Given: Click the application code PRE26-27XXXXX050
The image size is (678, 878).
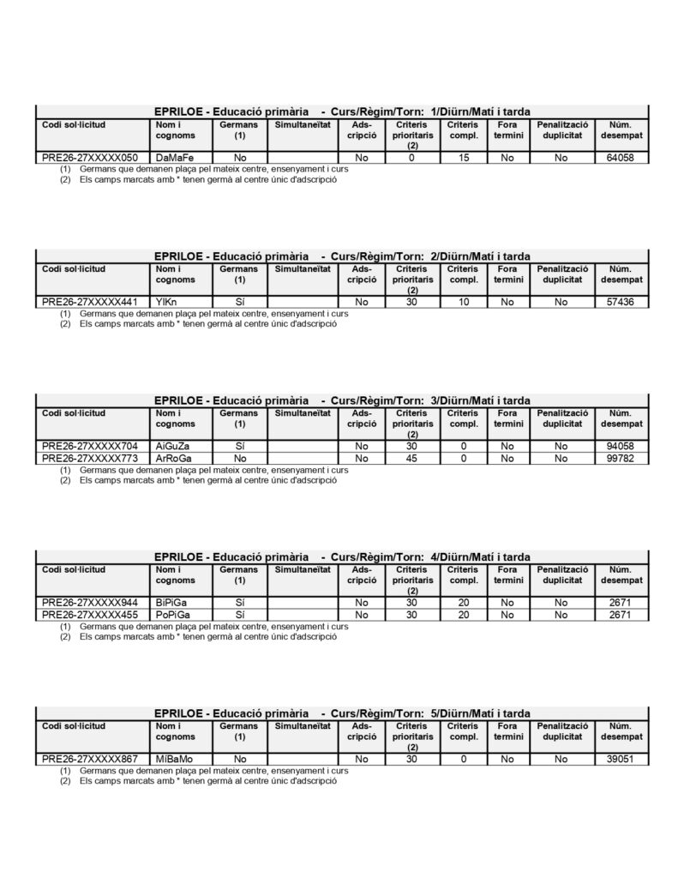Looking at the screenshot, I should click(89, 158).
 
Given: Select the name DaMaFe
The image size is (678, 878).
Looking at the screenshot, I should click(176, 158).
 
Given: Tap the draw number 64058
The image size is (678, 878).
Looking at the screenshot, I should click(620, 158).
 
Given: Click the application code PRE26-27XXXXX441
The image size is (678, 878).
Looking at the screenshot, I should click(89, 302).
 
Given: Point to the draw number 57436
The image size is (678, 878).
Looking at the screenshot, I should click(620, 302).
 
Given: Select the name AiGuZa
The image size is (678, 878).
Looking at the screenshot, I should click(174, 446).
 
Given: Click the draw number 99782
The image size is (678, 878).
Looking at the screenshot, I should click(620, 458).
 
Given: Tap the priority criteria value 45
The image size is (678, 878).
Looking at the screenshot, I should click(411, 458).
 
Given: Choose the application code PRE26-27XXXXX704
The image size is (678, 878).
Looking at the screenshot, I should click(89, 446).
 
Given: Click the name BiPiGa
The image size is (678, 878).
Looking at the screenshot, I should click(173, 603).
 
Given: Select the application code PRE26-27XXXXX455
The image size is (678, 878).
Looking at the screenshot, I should click(89, 615).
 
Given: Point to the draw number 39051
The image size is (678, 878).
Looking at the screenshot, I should click(620, 759).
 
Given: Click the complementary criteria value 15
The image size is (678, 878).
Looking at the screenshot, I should click(464, 158).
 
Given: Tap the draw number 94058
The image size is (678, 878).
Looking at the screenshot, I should click(620, 446).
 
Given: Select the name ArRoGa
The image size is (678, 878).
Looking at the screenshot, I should click(175, 458).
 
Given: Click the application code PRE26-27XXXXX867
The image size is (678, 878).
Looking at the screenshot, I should click(89, 759).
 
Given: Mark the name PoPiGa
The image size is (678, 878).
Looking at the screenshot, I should click(174, 615).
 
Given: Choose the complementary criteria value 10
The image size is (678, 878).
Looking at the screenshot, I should click(464, 302).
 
